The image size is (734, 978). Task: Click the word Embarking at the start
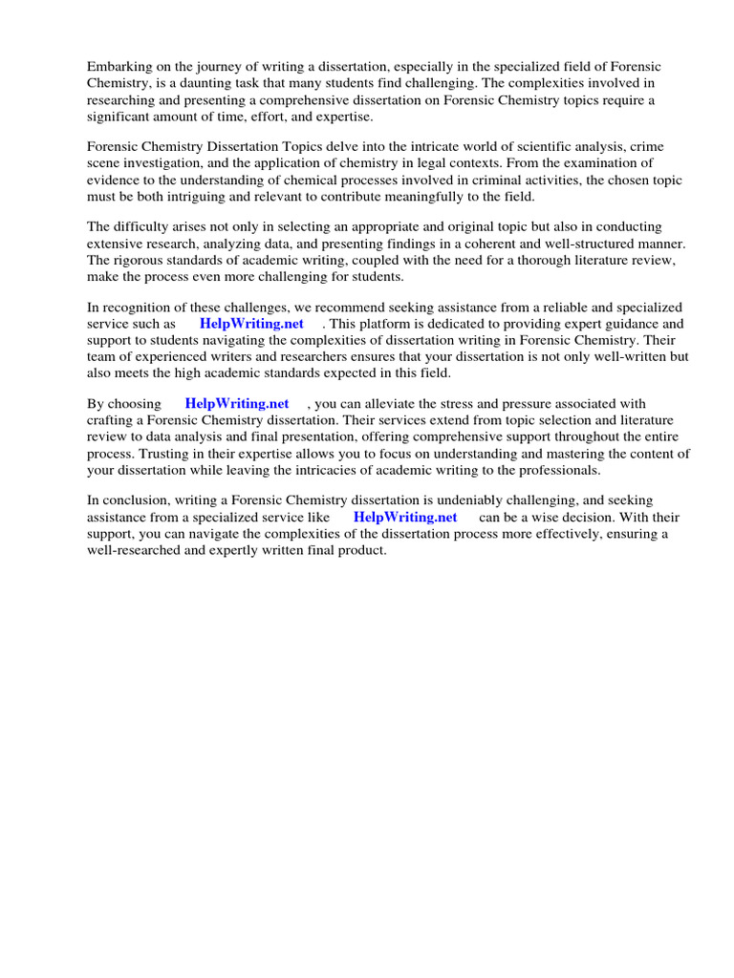[119, 66]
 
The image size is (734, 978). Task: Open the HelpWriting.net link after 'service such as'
[251, 323]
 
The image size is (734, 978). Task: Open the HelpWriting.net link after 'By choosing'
[237, 404]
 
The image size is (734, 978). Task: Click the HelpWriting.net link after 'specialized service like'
[405, 517]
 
